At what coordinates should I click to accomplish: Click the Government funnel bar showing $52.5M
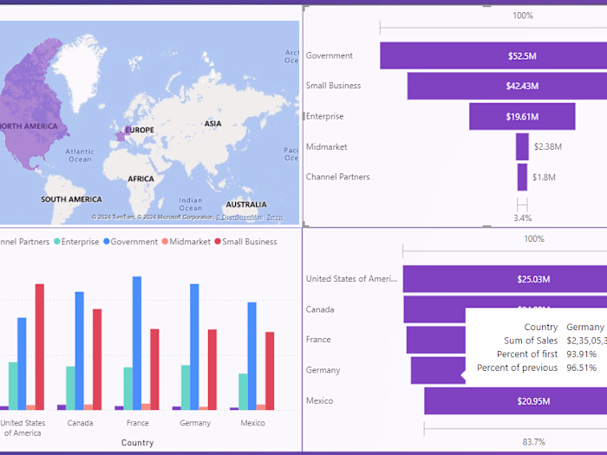(x=522, y=55)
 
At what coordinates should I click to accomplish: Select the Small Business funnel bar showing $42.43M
(x=522, y=86)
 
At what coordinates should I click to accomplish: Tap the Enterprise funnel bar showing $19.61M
(x=522, y=116)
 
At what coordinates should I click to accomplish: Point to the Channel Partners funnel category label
(x=337, y=177)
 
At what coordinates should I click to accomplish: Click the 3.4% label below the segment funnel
(x=522, y=218)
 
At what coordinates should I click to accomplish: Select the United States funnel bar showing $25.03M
(x=503, y=279)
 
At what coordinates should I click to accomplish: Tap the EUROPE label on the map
(x=140, y=130)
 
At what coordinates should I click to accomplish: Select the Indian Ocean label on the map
(x=190, y=204)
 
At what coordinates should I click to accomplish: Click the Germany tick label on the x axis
(x=195, y=423)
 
